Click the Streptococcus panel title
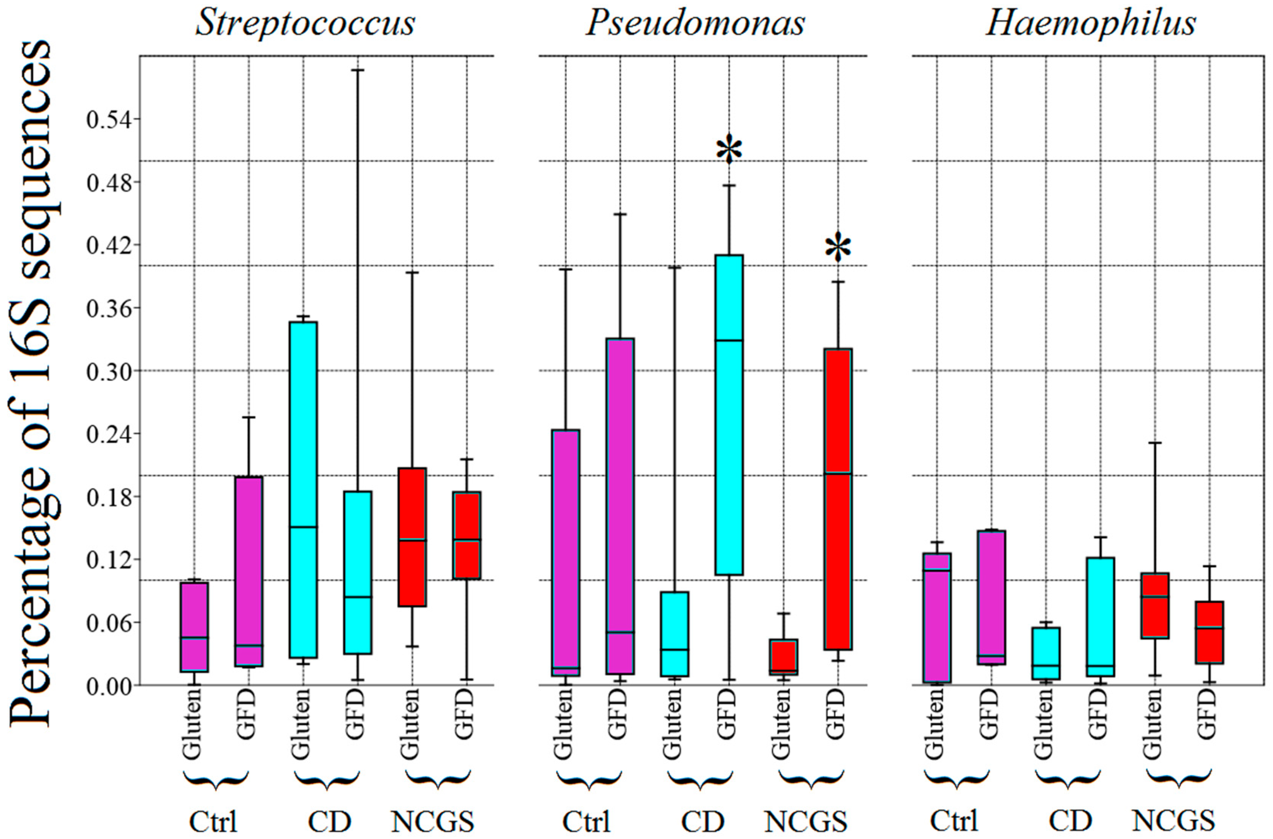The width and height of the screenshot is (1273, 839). tap(305, 24)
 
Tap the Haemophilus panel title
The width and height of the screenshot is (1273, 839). tap(1091, 24)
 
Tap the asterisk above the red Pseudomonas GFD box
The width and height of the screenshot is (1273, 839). tap(838, 249)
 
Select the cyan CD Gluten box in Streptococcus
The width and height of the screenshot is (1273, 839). tap(303, 490)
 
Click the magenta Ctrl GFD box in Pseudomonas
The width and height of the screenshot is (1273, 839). tap(620, 506)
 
